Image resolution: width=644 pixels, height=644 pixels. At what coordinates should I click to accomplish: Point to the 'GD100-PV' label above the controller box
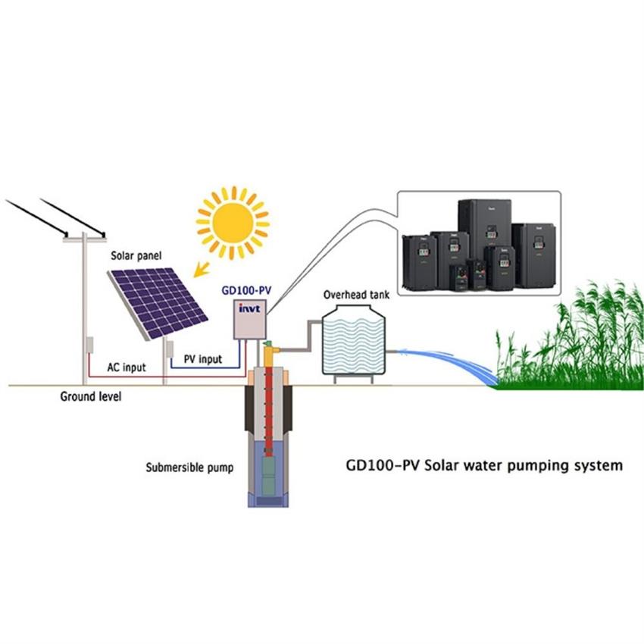tap(247, 289)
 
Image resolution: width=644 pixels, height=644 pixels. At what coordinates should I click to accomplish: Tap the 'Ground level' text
tap(91, 396)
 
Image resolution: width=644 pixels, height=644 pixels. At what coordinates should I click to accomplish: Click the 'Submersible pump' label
tap(189, 467)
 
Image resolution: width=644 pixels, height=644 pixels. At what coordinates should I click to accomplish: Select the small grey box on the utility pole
tap(89, 345)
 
